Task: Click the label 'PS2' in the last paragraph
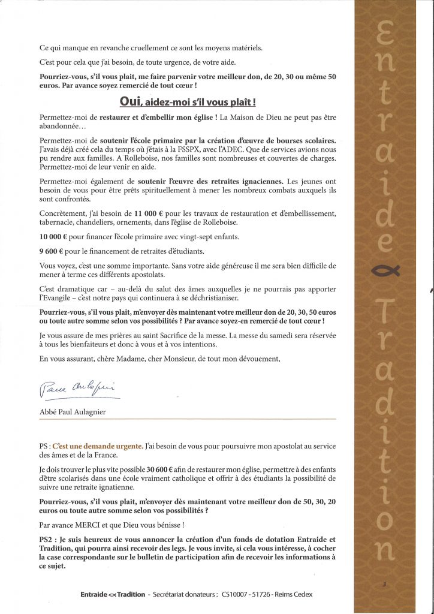click(x=47, y=540)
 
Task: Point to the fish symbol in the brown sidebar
click(x=385, y=272)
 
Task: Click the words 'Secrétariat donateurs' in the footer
click(x=185, y=594)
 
